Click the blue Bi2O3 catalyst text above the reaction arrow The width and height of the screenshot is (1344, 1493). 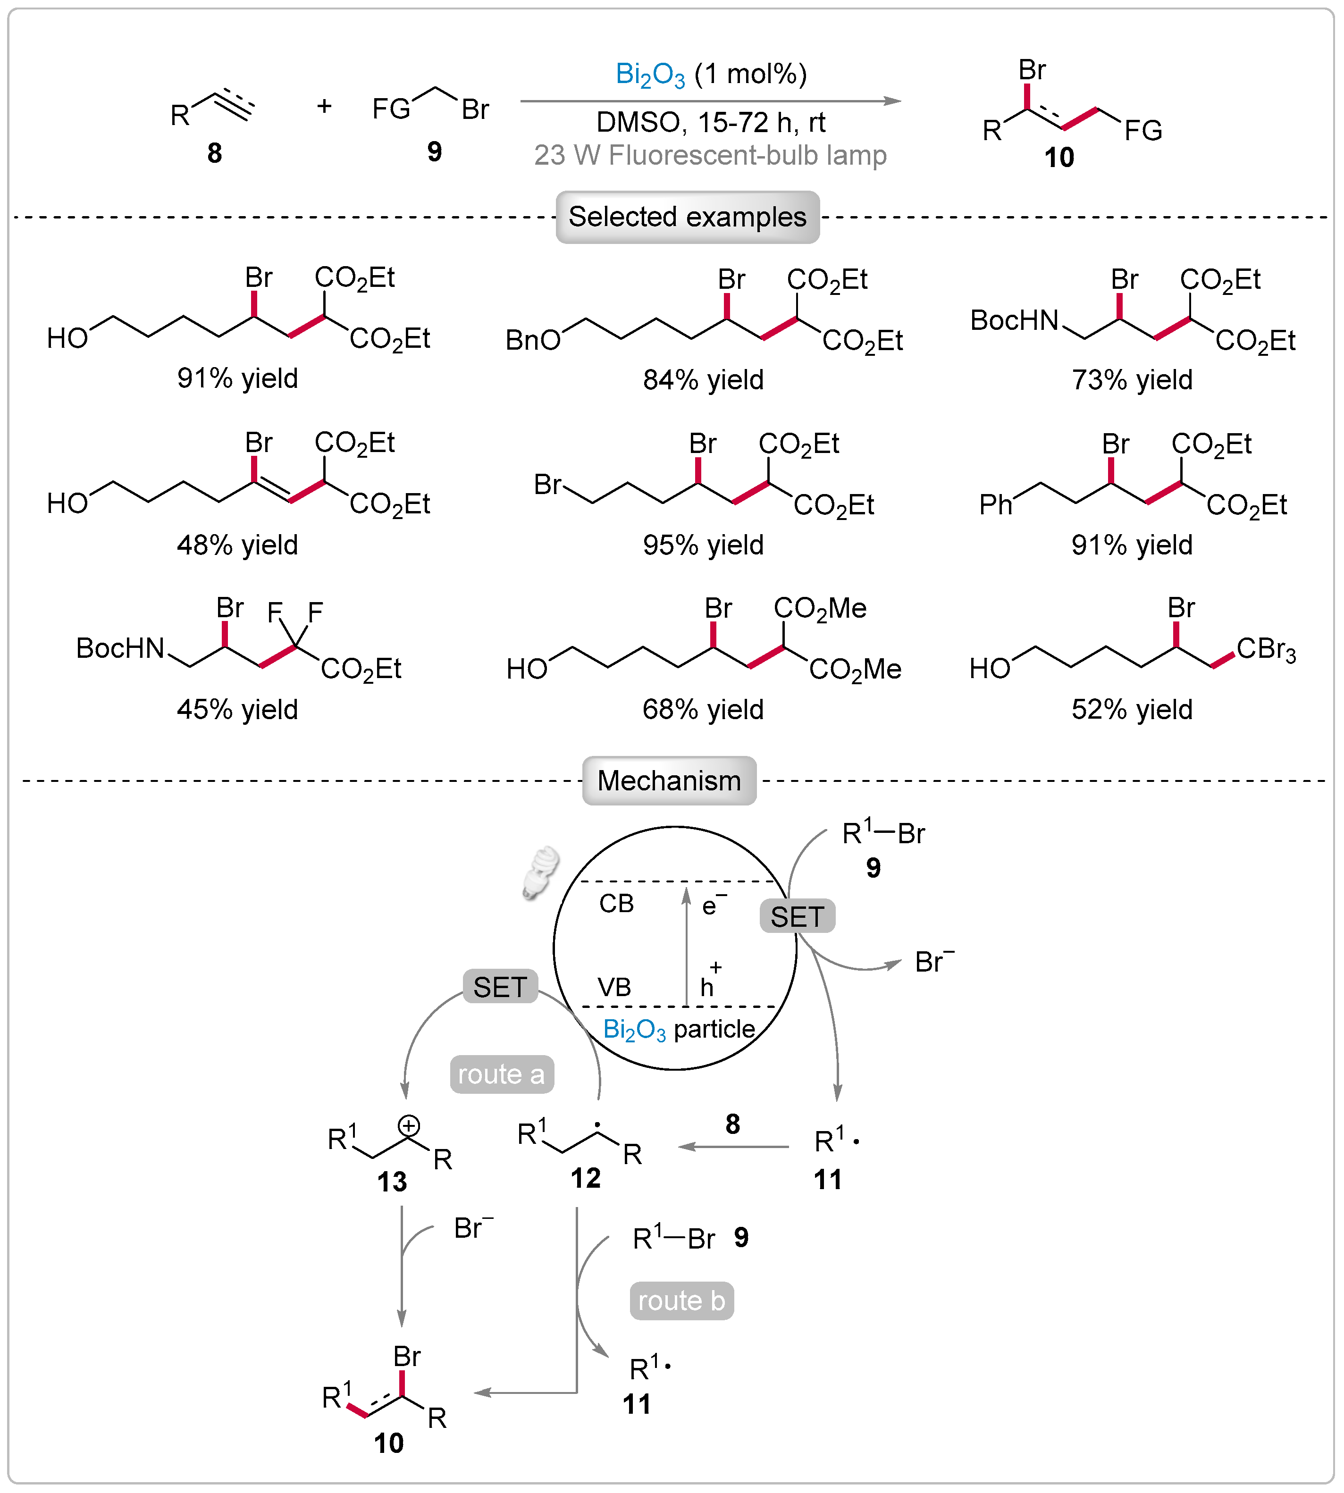click(x=650, y=75)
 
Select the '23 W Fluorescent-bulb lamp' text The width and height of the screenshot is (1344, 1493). click(x=710, y=155)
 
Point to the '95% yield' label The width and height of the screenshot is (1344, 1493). click(x=703, y=545)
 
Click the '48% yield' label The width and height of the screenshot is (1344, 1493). click(x=237, y=545)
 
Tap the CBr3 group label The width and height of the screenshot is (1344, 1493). click(x=1265, y=650)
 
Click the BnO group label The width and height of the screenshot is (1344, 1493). click(x=532, y=340)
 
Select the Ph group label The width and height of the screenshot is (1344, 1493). click(x=995, y=505)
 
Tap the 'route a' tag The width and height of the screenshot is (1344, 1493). click(x=502, y=1074)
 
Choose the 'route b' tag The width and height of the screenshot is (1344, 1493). click(x=681, y=1301)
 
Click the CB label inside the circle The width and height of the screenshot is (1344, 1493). click(x=616, y=904)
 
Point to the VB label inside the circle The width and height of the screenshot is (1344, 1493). click(x=613, y=987)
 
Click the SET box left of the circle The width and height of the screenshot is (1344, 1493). click(x=500, y=987)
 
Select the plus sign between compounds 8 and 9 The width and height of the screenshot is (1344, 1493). click(x=324, y=106)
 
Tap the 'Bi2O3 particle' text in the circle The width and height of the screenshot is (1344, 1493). click(x=679, y=1029)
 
